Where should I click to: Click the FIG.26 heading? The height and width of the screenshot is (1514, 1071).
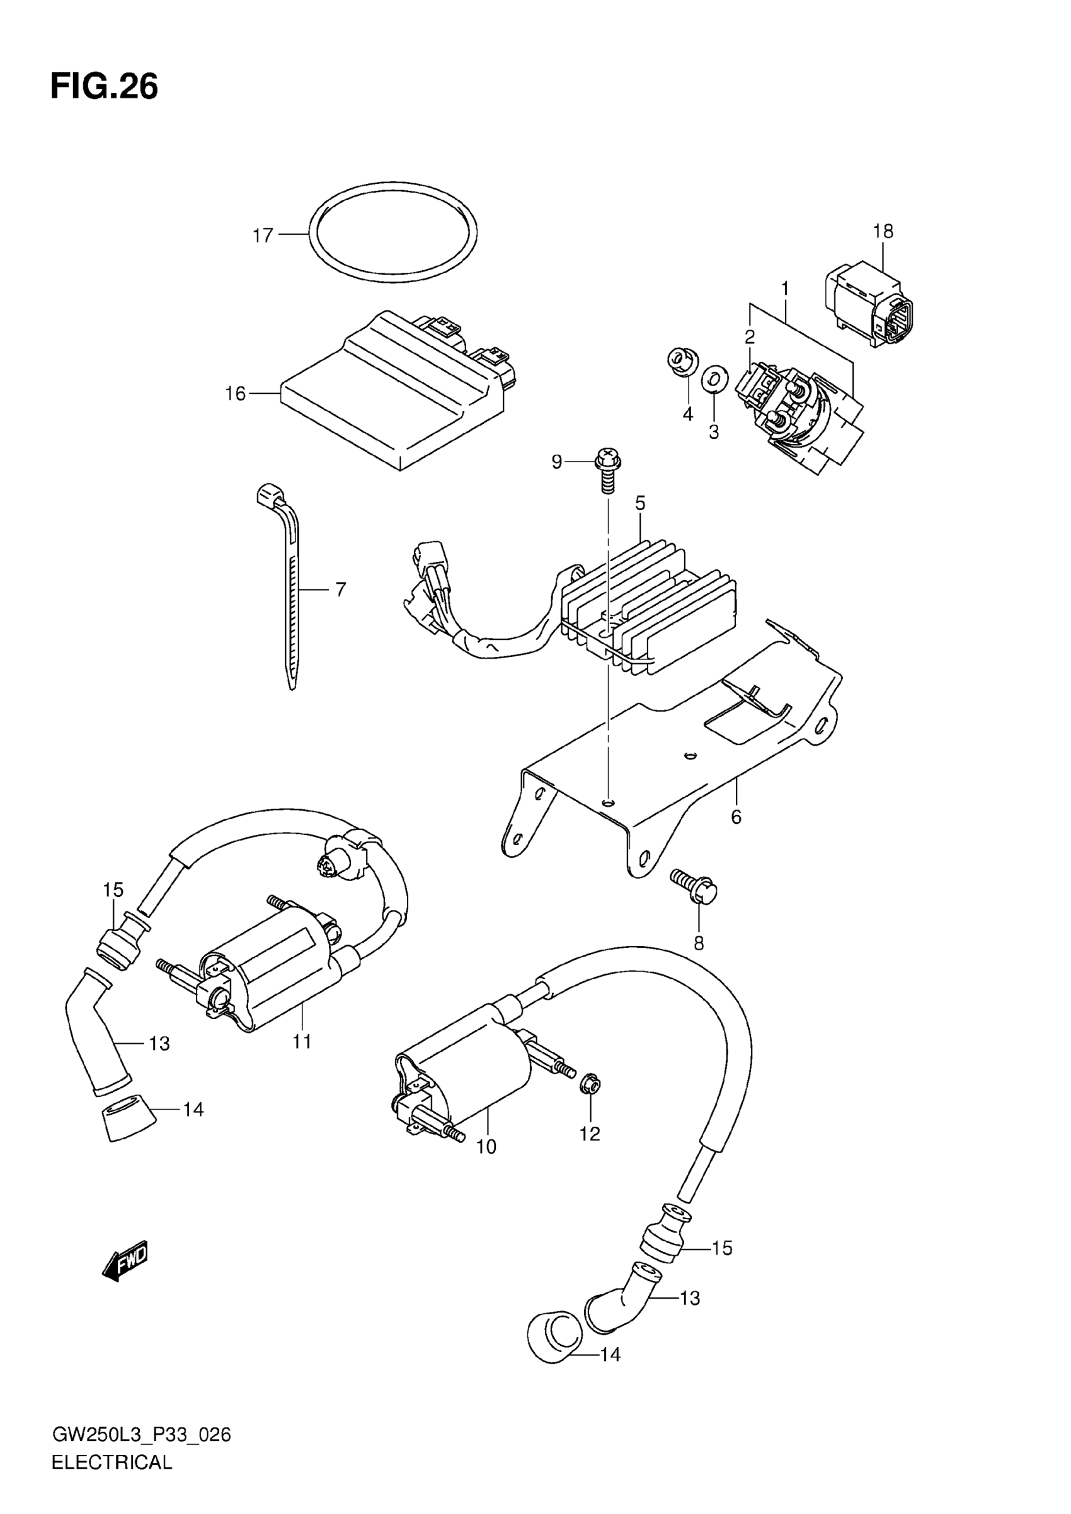click(x=104, y=87)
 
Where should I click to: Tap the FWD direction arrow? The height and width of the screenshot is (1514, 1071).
click(x=126, y=1261)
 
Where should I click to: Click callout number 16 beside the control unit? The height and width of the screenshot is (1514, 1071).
click(x=236, y=394)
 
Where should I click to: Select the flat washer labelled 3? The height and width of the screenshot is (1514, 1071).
click(x=714, y=378)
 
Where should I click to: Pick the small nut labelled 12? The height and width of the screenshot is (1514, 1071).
click(x=590, y=1082)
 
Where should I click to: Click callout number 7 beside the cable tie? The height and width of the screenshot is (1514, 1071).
click(x=340, y=589)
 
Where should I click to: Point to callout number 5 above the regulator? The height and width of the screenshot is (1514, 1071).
click(x=639, y=503)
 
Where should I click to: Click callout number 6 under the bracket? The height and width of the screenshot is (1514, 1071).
click(x=736, y=817)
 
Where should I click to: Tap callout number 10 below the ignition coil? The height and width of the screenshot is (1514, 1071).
click(x=486, y=1147)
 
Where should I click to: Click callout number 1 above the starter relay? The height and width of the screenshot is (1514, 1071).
click(x=785, y=288)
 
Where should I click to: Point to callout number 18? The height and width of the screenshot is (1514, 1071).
click(x=883, y=232)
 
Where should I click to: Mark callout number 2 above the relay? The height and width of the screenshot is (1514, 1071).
click(x=750, y=337)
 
